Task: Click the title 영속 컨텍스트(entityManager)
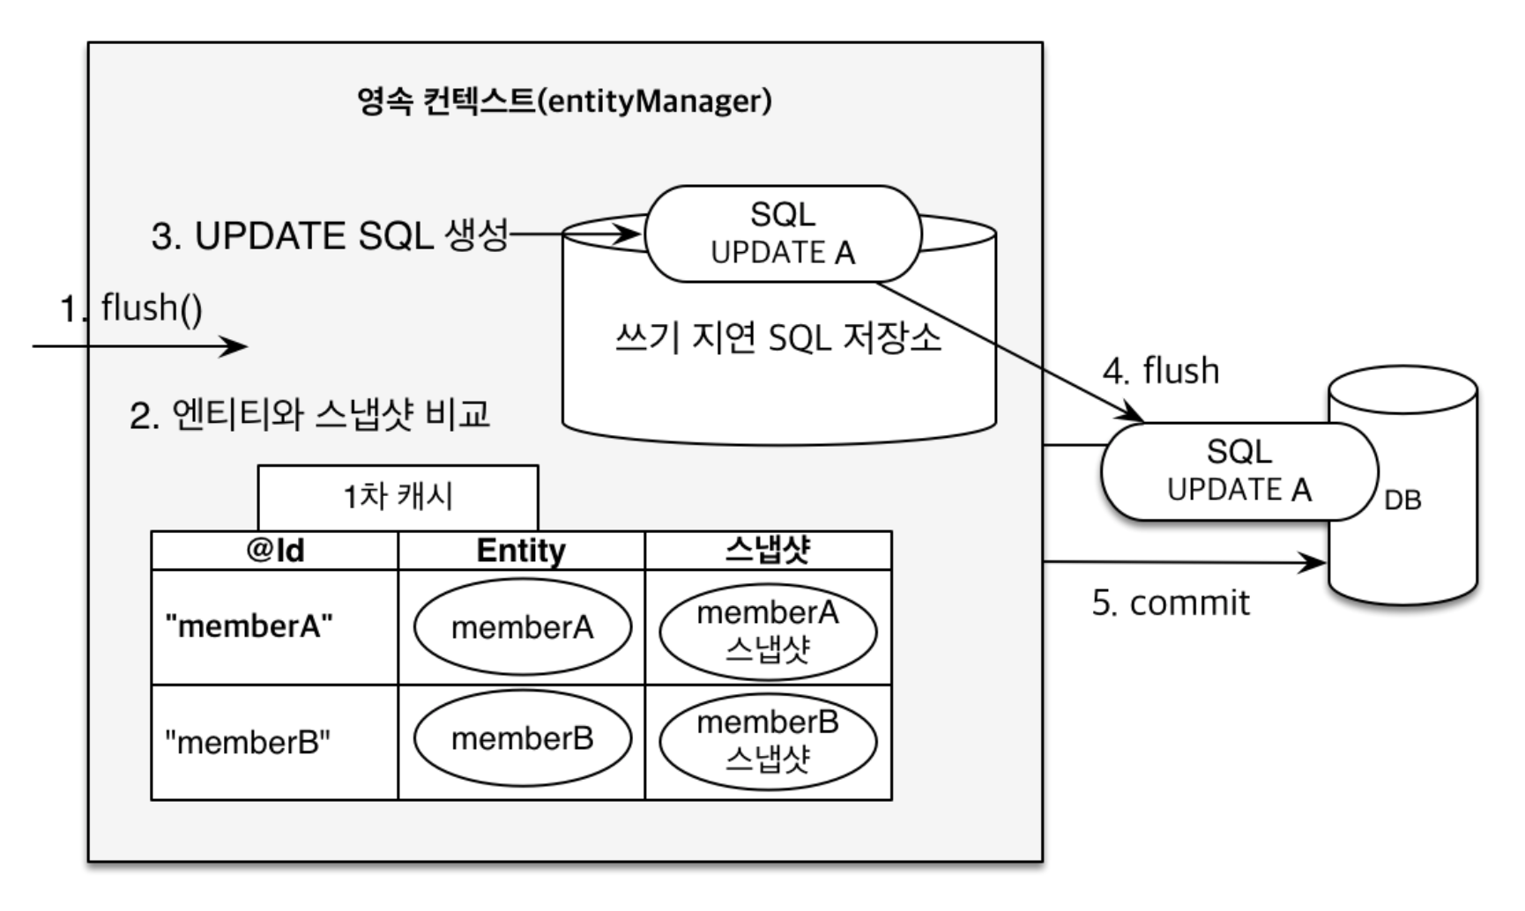click(x=564, y=100)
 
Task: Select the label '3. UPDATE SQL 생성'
click(x=330, y=235)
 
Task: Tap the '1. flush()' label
click(x=130, y=308)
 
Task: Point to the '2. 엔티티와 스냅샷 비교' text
click(x=309, y=414)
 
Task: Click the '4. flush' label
click(x=1161, y=371)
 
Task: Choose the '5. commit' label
click(x=1171, y=603)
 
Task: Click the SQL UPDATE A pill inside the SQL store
click(x=783, y=233)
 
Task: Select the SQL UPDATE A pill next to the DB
click(x=1239, y=471)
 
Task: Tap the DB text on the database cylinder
click(x=1402, y=500)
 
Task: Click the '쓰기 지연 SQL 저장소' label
click(x=778, y=337)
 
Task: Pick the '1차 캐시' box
click(x=398, y=498)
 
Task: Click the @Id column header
click(x=275, y=551)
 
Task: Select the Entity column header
click(x=521, y=551)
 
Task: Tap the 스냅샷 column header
click(x=768, y=551)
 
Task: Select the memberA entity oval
click(x=523, y=627)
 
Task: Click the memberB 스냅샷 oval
click(x=768, y=740)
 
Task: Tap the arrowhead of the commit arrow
click(x=1317, y=562)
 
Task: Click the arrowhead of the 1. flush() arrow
click(x=237, y=346)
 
